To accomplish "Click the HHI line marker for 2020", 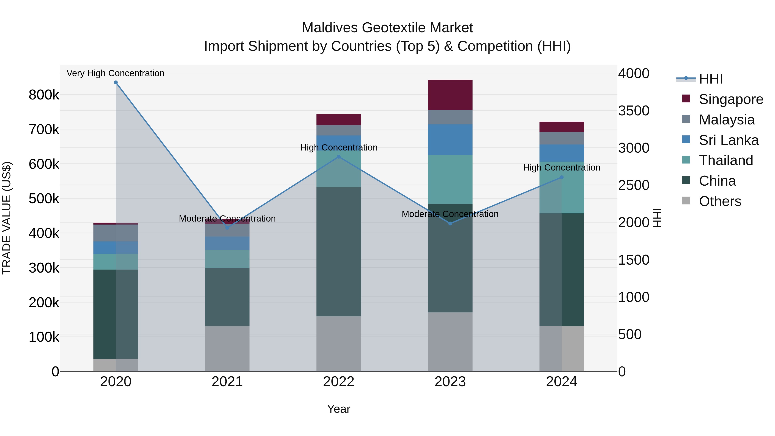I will click(116, 82).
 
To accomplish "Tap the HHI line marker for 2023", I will click(450, 223).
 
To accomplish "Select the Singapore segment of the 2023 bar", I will click(450, 95).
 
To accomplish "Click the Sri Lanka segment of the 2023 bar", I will click(450, 140).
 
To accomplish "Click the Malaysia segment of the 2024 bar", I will click(561, 138).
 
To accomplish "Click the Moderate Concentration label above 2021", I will click(227, 219).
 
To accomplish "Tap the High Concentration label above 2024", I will click(561, 168).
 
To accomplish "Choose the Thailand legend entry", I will click(726, 160).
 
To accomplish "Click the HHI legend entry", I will click(711, 79).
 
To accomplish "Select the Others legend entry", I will click(720, 201).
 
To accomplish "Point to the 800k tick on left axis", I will click(44, 95).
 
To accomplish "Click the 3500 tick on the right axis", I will click(634, 111).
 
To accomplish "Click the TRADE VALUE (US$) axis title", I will click(7, 218).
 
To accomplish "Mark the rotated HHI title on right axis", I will click(658, 218).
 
